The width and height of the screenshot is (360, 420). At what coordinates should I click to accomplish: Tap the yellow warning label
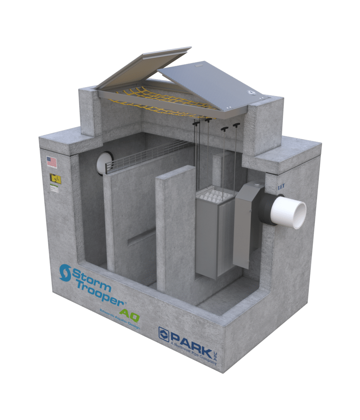pos(55,179)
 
